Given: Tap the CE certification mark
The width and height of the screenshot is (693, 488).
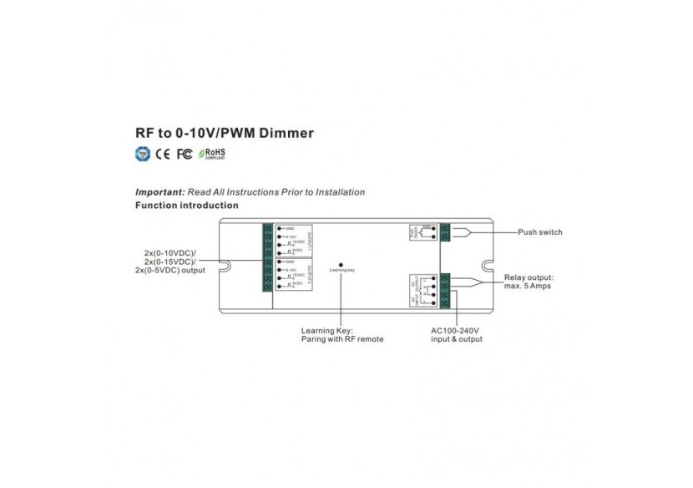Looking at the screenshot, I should pos(163,154).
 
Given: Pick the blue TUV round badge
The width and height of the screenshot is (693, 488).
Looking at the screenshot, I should pos(143,154).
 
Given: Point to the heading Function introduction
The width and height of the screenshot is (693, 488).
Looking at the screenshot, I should pos(187,205).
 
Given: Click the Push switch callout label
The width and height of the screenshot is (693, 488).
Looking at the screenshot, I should pos(539,232).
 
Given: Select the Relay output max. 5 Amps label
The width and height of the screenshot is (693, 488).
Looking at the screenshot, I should pos(528,281).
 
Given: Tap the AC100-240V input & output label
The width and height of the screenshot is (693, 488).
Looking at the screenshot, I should pos(456,334).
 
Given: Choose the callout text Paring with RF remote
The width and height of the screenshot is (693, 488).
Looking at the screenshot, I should pos(342,339).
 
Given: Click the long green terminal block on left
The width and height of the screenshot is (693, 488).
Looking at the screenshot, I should pos(267,257).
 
